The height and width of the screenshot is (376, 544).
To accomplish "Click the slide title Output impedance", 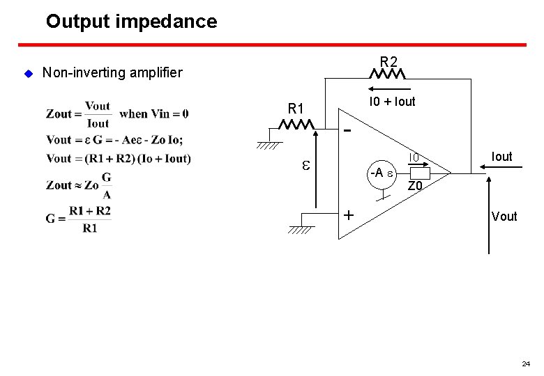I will click(x=131, y=22).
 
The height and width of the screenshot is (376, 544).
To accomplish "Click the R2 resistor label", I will click(x=389, y=60).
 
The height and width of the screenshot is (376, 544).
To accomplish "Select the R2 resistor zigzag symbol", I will click(x=389, y=73).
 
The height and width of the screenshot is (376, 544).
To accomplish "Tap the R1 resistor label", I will click(x=296, y=109).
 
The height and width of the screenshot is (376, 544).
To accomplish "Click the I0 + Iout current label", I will click(x=392, y=102).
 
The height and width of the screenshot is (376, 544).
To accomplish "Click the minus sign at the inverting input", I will click(x=348, y=130).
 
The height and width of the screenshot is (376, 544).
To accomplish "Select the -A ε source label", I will click(x=381, y=172).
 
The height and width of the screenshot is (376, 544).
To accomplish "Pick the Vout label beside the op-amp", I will click(x=504, y=216).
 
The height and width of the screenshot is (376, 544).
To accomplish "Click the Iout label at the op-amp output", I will click(x=501, y=157).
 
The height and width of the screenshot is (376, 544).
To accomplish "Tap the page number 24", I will click(x=525, y=363).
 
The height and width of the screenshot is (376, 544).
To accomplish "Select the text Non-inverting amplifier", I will click(x=112, y=72).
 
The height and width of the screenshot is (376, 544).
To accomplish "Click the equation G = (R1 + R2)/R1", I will click(x=78, y=219).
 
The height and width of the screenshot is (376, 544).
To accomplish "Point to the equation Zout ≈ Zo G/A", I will click(x=78, y=185).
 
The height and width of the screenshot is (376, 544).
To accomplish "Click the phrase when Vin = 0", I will click(x=153, y=113).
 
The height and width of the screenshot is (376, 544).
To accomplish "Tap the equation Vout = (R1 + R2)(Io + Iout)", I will click(x=118, y=158).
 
